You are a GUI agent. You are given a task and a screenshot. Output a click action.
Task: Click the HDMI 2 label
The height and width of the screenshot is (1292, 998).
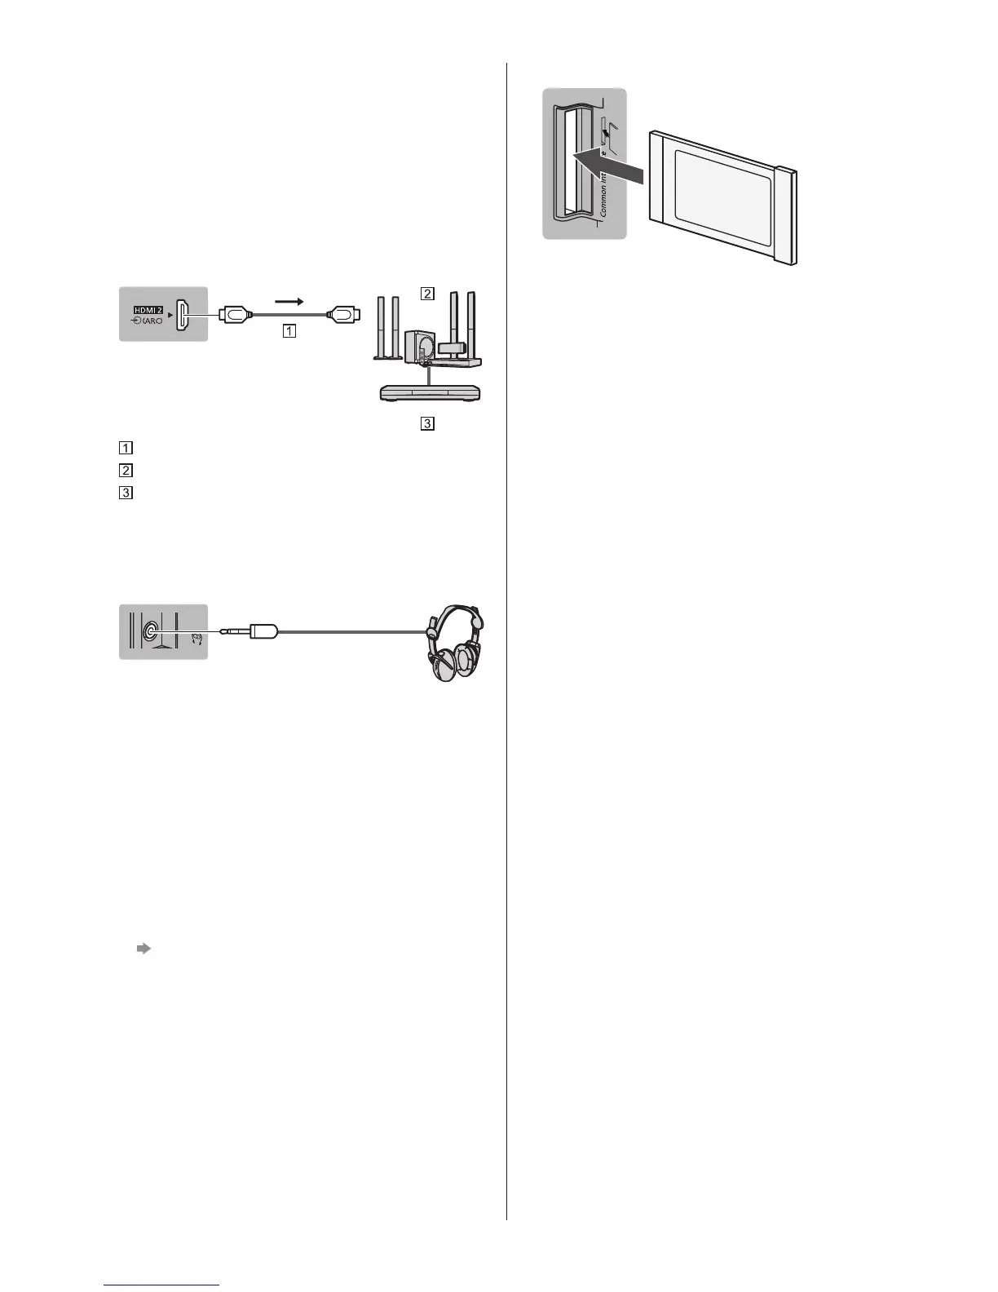pyautogui.click(x=148, y=310)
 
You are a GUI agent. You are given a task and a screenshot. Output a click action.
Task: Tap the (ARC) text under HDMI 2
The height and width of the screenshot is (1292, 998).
pyautogui.click(x=152, y=321)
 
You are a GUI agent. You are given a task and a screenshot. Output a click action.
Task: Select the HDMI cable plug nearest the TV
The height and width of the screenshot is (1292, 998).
pyautogui.click(x=234, y=313)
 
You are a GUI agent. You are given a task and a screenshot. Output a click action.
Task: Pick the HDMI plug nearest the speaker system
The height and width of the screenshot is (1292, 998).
pyautogui.click(x=343, y=313)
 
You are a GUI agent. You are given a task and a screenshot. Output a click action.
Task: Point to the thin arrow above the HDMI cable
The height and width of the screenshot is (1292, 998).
pyautogui.click(x=289, y=301)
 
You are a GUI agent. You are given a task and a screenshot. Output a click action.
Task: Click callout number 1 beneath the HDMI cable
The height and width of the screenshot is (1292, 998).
pyautogui.click(x=289, y=331)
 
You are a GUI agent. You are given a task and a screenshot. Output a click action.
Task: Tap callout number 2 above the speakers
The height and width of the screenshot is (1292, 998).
pyautogui.click(x=426, y=293)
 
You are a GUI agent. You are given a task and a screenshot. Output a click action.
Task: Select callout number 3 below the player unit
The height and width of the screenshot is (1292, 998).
pyautogui.click(x=426, y=423)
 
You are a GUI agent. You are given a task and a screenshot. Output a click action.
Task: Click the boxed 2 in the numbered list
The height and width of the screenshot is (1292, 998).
pyautogui.click(x=126, y=471)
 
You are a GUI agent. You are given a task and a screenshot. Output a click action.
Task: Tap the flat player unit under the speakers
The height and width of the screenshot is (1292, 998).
pyautogui.click(x=430, y=392)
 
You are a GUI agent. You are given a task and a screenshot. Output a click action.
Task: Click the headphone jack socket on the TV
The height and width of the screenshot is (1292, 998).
pyautogui.click(x=151, y=631)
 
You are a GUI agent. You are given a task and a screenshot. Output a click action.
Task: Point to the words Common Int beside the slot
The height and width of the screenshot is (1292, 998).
pyautogui.click(x=603, y=192)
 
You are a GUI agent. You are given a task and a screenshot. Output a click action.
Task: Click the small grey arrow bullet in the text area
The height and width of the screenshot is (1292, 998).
pyautogui.click(x=144, y=949)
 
